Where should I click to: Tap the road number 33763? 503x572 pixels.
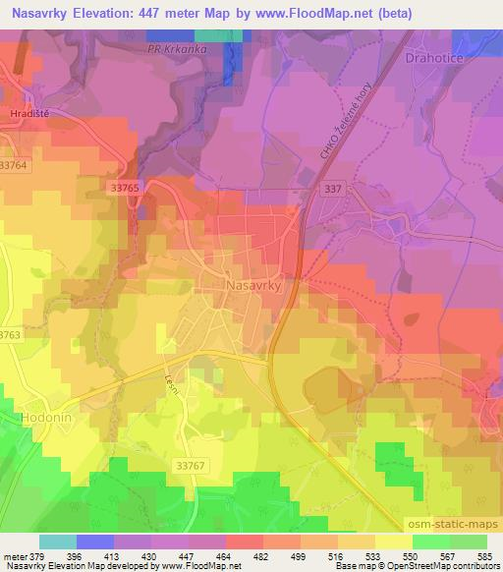9,335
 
